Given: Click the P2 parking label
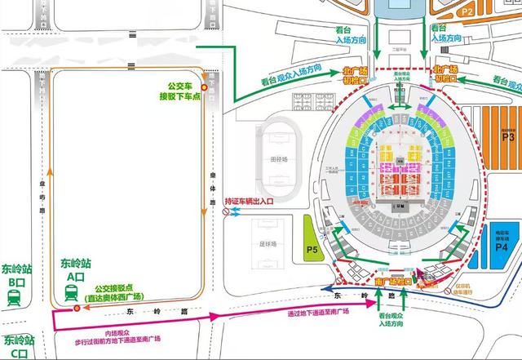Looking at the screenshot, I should pyautogui.click(x=490, y=12).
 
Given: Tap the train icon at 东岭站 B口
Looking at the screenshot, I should pyautogui.click(x=14, y=298).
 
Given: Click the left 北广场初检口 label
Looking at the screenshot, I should pyautogui.click(x=357, y=75).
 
